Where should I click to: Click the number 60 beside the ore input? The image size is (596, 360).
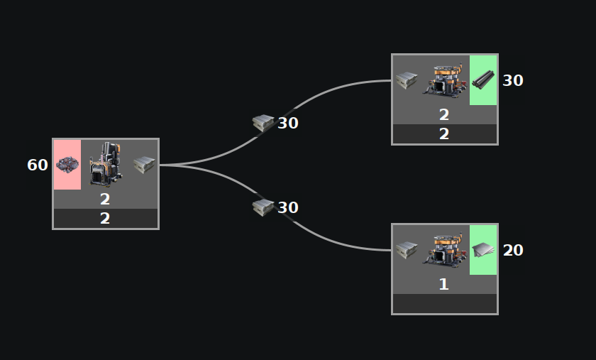[38, 165]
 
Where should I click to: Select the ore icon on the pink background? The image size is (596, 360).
[67, 165]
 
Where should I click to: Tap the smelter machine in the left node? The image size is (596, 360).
[106, 164]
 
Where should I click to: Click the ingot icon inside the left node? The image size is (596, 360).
[144, 165]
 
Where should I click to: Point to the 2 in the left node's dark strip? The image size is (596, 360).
[105, 219]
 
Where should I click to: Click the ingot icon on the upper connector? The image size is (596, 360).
[263, 123]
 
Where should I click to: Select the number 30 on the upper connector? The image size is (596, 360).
[288, 124]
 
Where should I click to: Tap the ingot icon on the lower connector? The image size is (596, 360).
[263, 207]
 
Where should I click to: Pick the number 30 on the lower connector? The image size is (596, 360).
[288, 208]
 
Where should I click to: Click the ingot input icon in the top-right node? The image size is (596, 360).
[407, 80]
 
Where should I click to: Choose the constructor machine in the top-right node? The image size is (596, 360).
[445, 80]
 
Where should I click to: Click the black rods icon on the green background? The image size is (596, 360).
[483, 80]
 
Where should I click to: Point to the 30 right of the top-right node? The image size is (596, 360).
[513, 81]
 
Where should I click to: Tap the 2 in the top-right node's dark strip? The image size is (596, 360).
[444, 134]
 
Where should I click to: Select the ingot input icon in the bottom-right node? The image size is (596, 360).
[407, 250]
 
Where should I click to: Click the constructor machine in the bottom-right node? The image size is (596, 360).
[445, 249]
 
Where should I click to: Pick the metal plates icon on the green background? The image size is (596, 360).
[483, 249]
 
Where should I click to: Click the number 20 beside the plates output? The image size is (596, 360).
[513, 251]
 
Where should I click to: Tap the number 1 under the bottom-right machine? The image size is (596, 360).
[444, 285]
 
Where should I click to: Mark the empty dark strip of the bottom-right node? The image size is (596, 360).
[444, 304]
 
